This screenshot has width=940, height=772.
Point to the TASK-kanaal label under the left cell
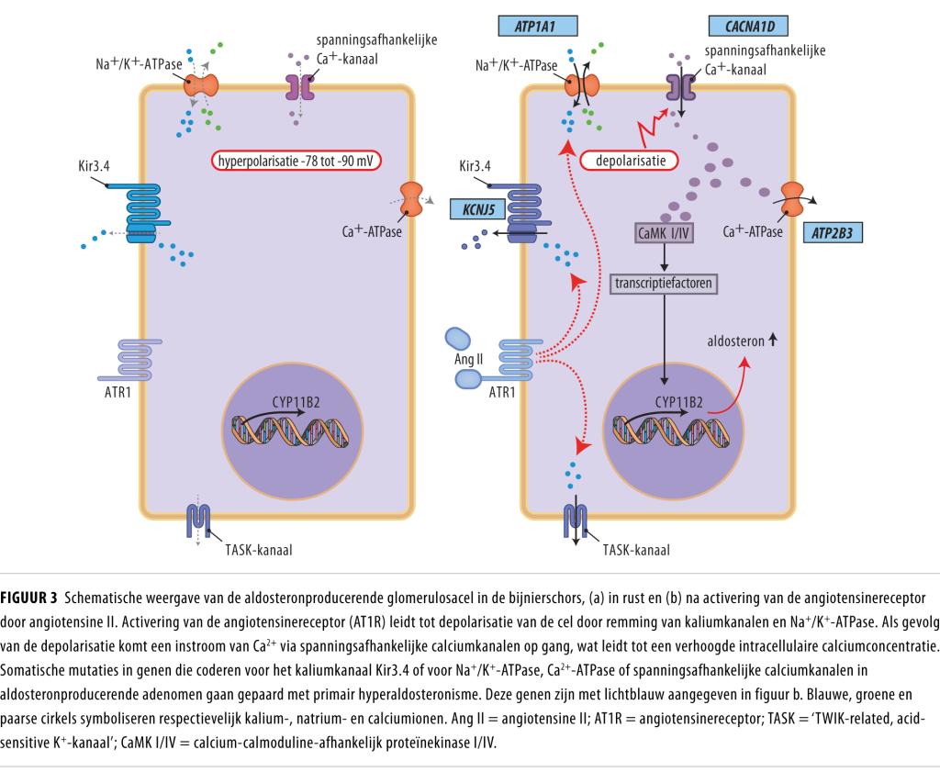258,551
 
